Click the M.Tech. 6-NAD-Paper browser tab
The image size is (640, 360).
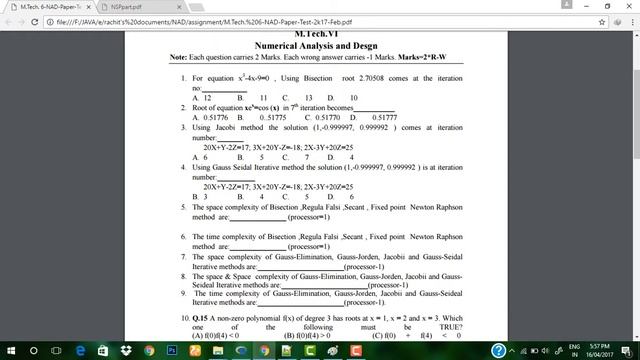coord(45,6)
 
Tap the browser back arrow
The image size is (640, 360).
coord(9,20)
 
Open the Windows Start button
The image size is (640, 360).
coord(9,350)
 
